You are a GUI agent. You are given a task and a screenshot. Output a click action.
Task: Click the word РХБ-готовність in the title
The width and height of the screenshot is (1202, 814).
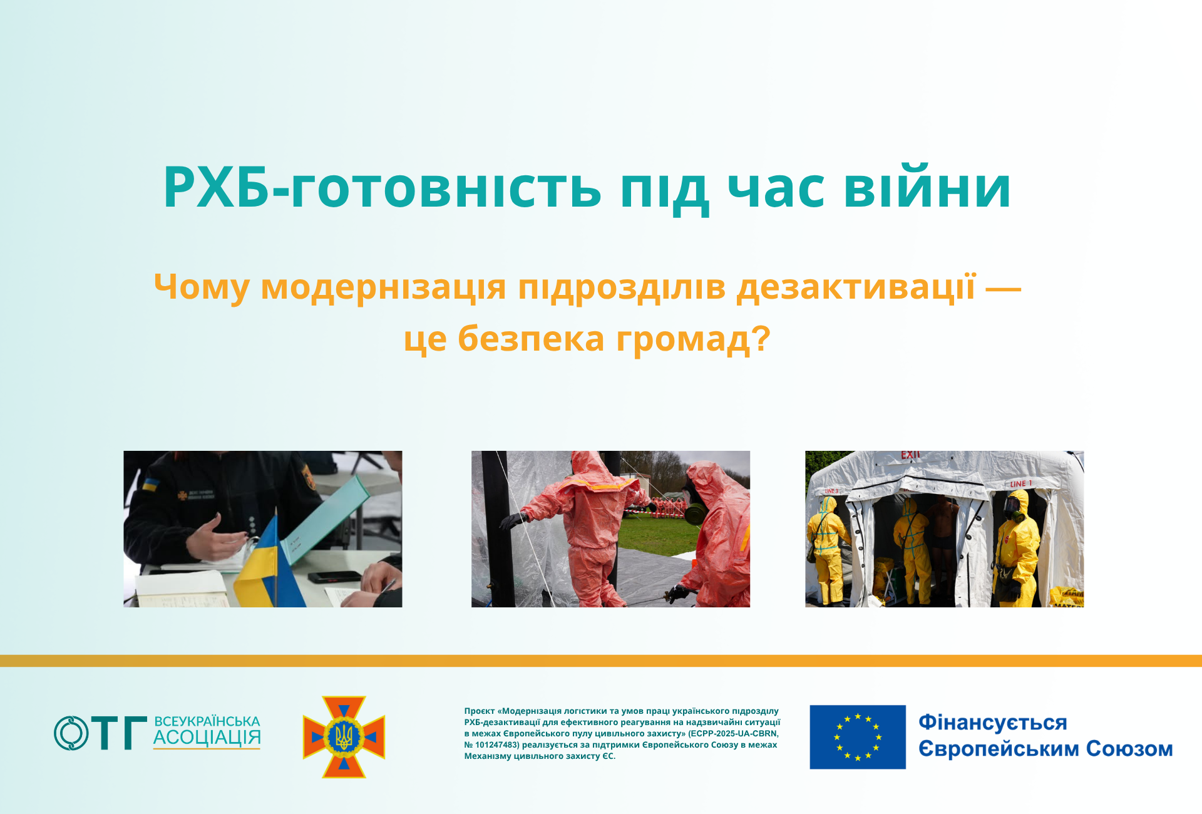click(383, 187)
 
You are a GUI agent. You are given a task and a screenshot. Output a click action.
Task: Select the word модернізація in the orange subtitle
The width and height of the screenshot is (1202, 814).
click(383, 287)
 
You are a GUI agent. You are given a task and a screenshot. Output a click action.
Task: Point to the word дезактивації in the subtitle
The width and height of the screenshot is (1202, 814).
click(856, 287)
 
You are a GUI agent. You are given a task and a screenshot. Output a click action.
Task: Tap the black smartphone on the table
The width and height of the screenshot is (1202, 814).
click(334, 577)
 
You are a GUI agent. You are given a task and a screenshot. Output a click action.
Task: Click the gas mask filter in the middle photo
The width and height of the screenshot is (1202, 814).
click(695, 514)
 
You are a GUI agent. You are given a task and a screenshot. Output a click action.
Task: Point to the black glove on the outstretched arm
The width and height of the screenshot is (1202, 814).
click(514, 520)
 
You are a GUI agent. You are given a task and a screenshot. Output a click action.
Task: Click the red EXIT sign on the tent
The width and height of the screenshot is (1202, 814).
click(910, 455)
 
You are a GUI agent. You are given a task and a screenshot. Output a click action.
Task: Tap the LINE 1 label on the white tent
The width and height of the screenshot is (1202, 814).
click(1020, 483)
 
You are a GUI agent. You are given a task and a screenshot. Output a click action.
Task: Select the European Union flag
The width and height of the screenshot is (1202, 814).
click(858, 737)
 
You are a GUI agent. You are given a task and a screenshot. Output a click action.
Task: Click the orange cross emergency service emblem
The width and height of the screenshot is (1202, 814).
click(344, 737)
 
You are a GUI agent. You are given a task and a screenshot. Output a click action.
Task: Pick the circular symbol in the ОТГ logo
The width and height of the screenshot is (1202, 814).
click(71, 733)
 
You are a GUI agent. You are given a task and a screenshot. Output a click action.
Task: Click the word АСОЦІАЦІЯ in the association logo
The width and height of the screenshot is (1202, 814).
click(207, 738)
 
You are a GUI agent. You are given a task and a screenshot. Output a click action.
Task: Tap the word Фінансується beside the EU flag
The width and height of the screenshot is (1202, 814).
click(993, 723)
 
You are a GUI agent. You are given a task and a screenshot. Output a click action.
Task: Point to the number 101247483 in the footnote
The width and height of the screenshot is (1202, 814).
click(497, 744)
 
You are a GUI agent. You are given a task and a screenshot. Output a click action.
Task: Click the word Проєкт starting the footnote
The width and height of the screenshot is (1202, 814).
click(480, 711)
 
